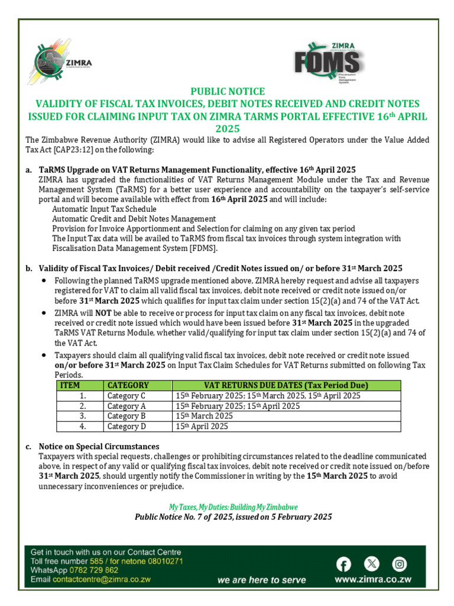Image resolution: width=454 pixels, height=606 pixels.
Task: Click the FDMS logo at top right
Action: pos(329,59)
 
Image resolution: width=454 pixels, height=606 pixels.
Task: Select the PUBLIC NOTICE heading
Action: pos(227,91)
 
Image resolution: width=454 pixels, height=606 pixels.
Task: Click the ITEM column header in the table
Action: pos(70,385)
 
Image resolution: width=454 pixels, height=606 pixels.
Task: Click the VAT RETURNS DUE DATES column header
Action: pos(286,385)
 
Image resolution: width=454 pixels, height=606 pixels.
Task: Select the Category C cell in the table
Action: pos(127,395)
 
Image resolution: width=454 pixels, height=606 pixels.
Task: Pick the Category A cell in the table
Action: pos(127,406)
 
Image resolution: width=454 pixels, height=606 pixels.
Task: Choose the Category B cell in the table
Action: pos(127,416)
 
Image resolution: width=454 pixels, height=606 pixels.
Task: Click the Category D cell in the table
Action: pos(127,426)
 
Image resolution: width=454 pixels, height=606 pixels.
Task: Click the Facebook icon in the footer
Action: pos(343,563)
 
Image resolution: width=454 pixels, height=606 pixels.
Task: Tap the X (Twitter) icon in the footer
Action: pos(372,563)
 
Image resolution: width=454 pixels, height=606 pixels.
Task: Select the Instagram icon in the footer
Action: pos(400,563)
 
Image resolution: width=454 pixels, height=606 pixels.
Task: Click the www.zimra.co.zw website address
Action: pos(372,580)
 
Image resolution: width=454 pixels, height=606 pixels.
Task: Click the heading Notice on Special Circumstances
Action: pos(99,446)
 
